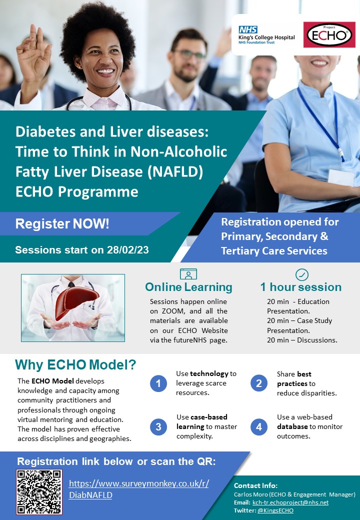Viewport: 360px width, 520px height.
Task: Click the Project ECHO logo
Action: pos(329,35)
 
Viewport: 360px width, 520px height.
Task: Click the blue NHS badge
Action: pos(248,29)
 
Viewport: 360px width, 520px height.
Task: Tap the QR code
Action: pos(39,492)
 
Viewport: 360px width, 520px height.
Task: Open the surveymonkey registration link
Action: pos(138,489)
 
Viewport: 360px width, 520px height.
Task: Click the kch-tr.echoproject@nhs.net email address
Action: pos(290,502)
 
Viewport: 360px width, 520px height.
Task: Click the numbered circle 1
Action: pos(158,383)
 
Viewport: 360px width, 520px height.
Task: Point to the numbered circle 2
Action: pos(258,383)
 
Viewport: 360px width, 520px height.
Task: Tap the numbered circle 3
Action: pos(158,426)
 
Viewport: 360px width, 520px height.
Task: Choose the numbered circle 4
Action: pos(258,426)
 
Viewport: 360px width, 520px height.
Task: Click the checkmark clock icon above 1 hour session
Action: pos(302,274)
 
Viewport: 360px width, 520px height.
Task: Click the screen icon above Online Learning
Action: pos(188,274)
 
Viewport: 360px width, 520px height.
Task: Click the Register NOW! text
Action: pos(62,224)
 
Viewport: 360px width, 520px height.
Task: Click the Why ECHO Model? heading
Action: pos(75,364)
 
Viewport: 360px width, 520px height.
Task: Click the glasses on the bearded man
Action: pos(188,53)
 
